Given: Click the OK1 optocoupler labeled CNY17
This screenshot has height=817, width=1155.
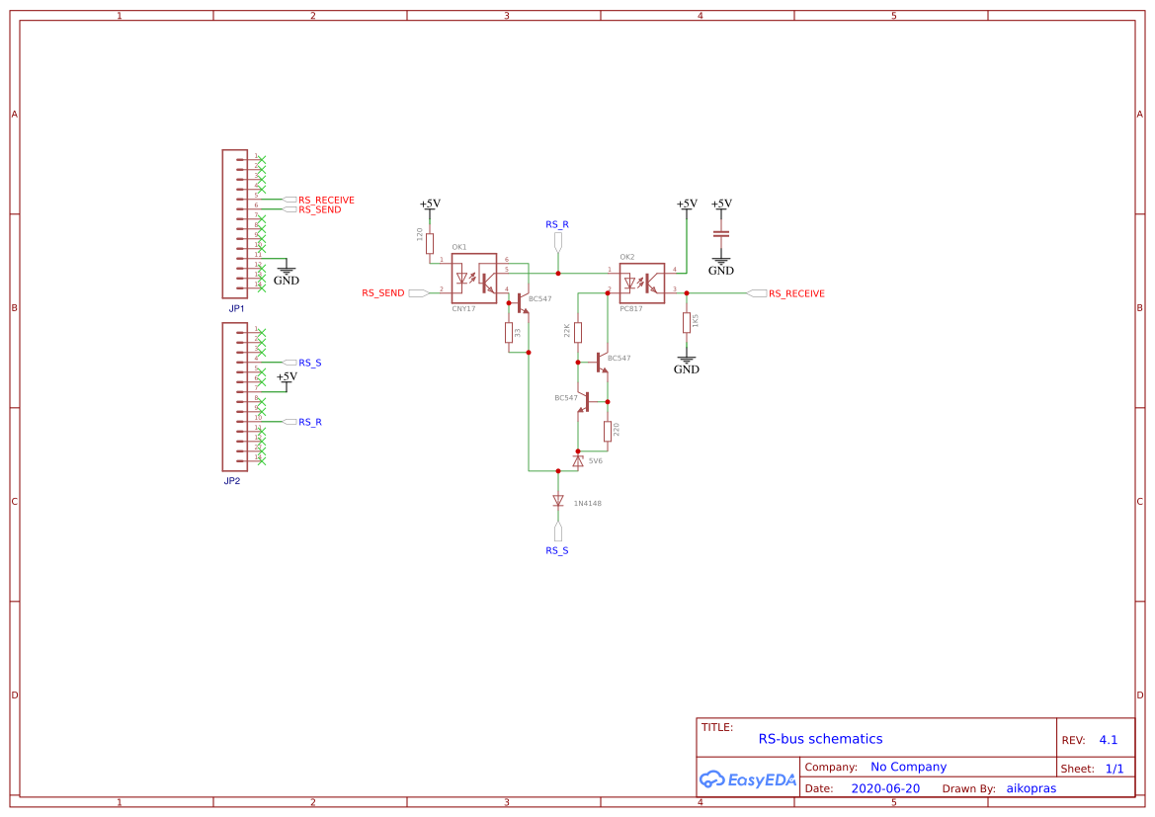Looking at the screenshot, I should pos(473,279).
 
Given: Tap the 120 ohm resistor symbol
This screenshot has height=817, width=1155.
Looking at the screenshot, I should pos(430,243).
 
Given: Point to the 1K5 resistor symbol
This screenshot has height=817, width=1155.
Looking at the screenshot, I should pos(686,323).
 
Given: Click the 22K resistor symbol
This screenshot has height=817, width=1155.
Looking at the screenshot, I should pos(578,331).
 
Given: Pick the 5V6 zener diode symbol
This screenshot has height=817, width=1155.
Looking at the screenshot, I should pos(578,460).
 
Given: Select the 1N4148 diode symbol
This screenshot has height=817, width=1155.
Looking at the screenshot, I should pos(558,501).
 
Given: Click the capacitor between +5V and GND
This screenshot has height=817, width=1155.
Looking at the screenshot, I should pos(721,234).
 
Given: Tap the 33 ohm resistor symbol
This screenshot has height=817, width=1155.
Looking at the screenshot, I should pos(509,332).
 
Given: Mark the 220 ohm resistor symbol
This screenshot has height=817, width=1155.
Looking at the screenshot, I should pos(607,431).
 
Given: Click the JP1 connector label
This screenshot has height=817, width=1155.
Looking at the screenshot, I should pos(236,308).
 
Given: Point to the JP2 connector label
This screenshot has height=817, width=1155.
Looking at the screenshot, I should pos(232,481).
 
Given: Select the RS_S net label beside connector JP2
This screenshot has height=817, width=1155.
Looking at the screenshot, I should pos(309,363).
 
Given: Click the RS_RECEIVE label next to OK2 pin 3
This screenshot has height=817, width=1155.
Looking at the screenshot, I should pos(796,293).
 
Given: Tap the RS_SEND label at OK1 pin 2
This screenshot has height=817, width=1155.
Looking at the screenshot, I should pos(382,293).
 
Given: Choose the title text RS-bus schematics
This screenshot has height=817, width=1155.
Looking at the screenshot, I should pos(820,739).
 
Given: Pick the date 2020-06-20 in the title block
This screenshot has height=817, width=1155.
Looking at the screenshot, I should pos(884,789).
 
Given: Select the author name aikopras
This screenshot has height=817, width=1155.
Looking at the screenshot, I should pos(1031,789).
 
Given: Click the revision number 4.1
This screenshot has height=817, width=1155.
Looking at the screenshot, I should pos(1108,740).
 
